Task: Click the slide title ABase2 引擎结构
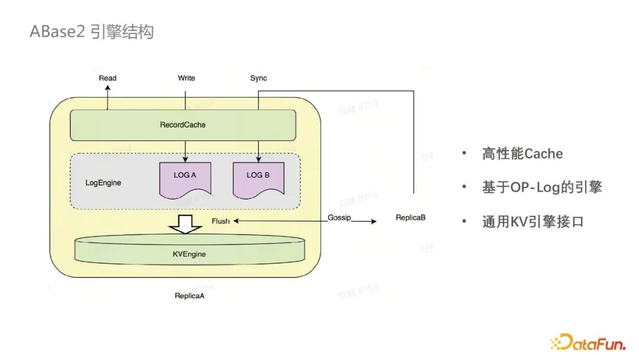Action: coord(92,31)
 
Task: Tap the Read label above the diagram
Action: coord(108,78)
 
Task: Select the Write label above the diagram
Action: coord(186,78)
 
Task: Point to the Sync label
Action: coord(259,78)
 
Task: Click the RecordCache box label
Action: coord(183,125)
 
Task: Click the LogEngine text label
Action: coord(104,183)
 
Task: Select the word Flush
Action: coord(221,221)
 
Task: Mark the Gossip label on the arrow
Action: coord(339,218)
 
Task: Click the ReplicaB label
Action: coord(411,218)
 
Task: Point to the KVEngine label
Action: coord(189,255)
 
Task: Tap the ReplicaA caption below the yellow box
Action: coord(189,295)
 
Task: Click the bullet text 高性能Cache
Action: coord(522,155)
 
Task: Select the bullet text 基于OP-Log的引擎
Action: coord(541,188)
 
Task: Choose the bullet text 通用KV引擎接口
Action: coord(532,222)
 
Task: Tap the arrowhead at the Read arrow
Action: coord(108,86)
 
